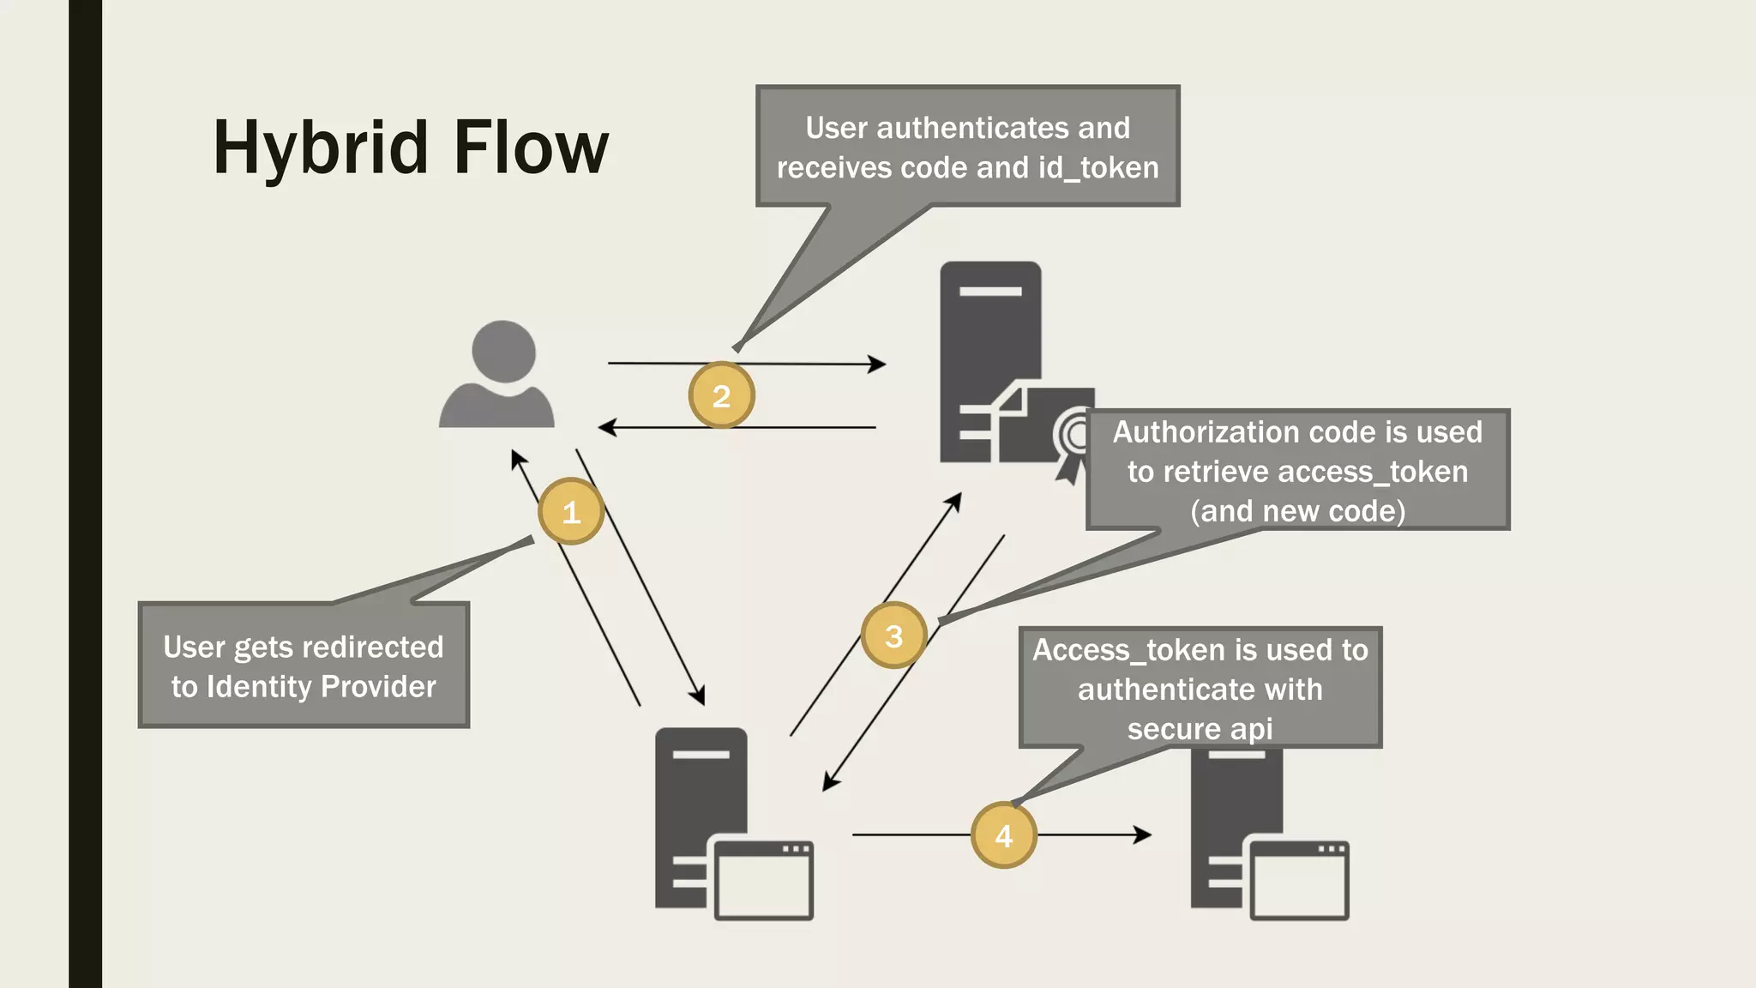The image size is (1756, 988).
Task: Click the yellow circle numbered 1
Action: tap(571, 512)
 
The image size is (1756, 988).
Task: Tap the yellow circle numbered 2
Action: tap(721, 395)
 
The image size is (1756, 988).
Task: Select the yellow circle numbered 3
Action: tap(893, 636)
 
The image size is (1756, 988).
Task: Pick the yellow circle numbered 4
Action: tap(1003, 835)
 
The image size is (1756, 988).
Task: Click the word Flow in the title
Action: tap(531, 148)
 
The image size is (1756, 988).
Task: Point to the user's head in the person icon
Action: tap(503, 351)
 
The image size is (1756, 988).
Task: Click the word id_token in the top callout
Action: tap(1098, 168)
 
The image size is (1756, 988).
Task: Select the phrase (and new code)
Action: tap(1297, 511)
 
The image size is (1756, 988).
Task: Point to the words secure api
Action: tap(1200, 729)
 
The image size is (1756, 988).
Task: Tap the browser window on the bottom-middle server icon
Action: tap(763, 881)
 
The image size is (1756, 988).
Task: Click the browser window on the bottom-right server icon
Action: tap(1299, 881)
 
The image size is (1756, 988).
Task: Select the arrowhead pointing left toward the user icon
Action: tap(607, 427)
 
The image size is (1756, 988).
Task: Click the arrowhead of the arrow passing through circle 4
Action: tap(1143, 834)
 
